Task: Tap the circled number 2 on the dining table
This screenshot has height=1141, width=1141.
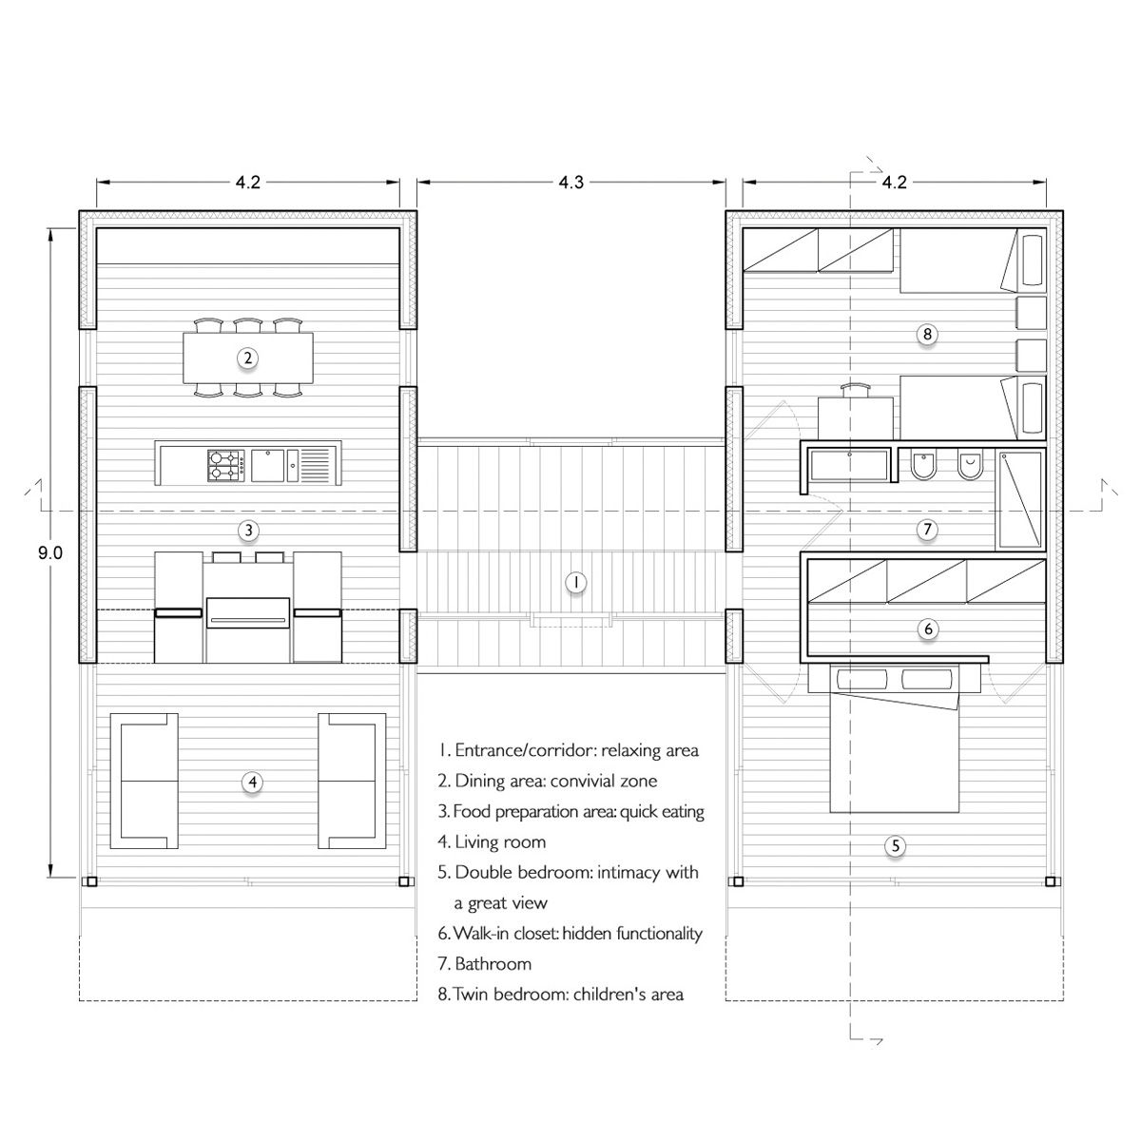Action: (247, 358)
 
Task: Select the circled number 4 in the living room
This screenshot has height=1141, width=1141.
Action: (252, 782)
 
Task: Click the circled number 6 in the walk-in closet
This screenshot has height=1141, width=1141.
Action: (928, 629)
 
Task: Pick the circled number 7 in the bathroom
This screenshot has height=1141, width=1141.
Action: (928, 530)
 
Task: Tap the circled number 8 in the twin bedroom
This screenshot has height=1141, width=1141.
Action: (928, 333)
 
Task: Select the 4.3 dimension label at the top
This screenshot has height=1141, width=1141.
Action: (570, 183)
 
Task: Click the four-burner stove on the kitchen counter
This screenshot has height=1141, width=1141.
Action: (226, 465)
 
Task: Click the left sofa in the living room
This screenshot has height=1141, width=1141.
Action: (145, 781)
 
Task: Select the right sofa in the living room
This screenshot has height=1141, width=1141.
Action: (352, 781)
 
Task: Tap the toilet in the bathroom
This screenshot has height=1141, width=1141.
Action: (921, 465)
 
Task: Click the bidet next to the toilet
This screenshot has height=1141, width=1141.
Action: (968, 465)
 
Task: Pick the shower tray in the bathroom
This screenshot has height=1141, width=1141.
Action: (1020, 499)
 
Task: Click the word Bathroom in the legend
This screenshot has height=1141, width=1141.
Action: (493, 964)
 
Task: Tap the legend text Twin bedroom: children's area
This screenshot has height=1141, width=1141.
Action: (569, 995)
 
